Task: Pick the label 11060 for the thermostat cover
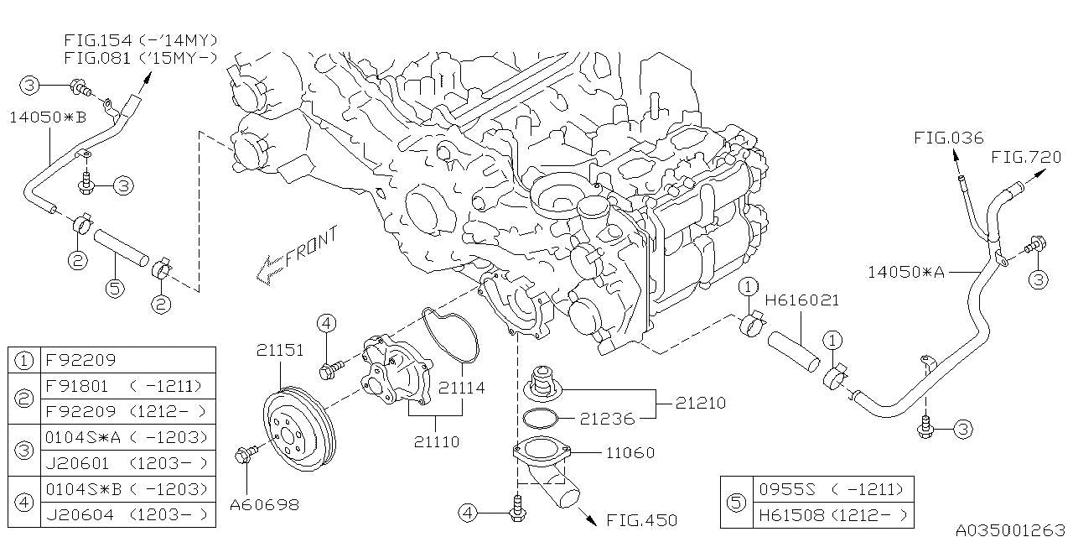tap(630, 453)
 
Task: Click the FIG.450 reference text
tap(641, 520)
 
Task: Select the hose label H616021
tap(801, 300)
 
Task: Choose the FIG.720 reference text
tap(1026, 157)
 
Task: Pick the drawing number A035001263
tap(1010, 529)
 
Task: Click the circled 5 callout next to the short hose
tap(115, 288)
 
